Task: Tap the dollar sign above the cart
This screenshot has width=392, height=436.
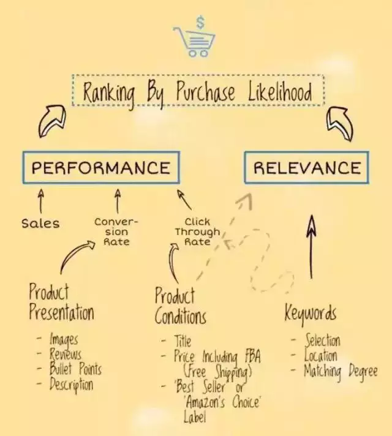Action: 200,22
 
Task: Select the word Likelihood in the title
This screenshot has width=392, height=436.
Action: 280,91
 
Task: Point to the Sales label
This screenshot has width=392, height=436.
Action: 40,224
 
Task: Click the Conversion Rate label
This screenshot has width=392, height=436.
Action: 116,231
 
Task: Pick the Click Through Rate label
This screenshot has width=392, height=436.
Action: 197,231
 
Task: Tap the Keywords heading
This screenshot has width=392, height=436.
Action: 310,313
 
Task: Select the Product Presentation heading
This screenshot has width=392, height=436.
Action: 61,302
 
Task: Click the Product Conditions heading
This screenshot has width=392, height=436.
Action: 180,306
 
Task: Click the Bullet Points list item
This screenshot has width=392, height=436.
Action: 75,369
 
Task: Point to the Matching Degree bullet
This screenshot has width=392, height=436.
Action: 341,371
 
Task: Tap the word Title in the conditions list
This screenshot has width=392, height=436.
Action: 183,341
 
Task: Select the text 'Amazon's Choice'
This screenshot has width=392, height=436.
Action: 222,402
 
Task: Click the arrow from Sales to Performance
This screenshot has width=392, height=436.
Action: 41,201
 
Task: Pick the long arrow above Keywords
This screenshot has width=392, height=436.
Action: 311,246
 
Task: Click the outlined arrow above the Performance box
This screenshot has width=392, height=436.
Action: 52,121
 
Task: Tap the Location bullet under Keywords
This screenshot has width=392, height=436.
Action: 321,355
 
